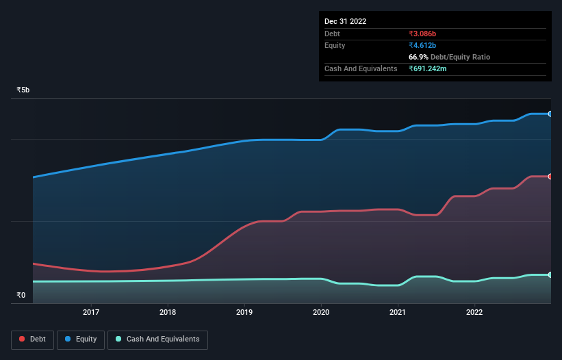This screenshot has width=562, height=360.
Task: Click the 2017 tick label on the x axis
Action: (x=91, y=313)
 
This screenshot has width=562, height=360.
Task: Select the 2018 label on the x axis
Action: (x=168, y=313)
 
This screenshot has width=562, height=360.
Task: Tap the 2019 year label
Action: (x=244, y=313)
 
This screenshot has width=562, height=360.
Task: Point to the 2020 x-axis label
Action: (x=321, y=313)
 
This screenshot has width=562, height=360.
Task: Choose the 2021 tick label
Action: (x=398, y=313)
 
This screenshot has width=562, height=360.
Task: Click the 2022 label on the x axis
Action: (x=474, y=313)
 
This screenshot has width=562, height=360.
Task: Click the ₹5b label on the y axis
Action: (x=23, y=90)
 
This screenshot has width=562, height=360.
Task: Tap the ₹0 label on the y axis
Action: (x=21, y=296)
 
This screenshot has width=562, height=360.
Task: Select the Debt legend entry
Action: (x=32, y=339)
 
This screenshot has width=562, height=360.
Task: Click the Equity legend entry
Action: (x=81, y=339)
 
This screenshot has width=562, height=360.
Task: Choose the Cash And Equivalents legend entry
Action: (x=157, y=339)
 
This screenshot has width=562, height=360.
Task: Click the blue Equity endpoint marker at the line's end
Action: (x=550, y=114)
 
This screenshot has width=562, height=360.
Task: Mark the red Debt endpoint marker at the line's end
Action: (x=550, y=177)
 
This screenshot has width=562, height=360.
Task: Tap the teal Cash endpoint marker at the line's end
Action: (x=550, y=275)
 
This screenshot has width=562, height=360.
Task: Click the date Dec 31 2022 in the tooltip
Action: (x=345, y=21)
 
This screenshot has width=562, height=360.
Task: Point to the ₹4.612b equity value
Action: (x=422, y=45)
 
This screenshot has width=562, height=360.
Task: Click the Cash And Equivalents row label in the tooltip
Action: (x=361, y=68)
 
